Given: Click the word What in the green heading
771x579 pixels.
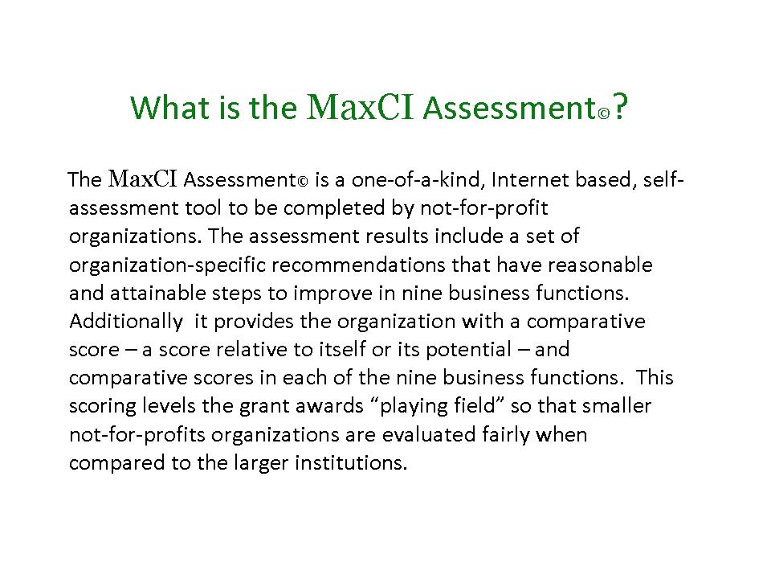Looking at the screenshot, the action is click(169, 107).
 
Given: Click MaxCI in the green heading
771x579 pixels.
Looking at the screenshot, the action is click(360, 106).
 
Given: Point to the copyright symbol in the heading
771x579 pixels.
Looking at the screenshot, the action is click(604, 113).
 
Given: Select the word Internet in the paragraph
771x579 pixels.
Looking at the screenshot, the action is click(529, 179).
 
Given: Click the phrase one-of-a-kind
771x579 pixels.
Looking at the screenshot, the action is click(415, 179).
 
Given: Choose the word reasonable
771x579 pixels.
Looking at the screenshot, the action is click(600, 265).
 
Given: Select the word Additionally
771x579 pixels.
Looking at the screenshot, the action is click(126, 322).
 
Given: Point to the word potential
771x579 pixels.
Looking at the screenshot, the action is click(468, 350).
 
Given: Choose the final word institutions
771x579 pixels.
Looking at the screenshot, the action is click(351, 463).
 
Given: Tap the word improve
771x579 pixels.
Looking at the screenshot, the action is click(333, 294).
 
